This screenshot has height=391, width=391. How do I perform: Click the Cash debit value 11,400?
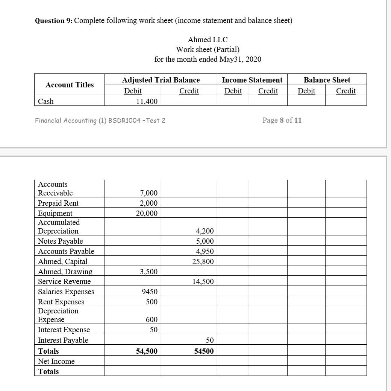[147, 101]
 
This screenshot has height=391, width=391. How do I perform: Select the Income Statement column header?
[252, 80]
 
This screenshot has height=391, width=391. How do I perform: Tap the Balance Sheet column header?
[327, 80]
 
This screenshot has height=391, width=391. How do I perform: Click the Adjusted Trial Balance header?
[161, 80]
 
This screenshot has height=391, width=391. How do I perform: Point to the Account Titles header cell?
[70, 85]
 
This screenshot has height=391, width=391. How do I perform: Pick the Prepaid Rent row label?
[58, 203]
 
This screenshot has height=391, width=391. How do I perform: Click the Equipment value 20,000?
[147, 213]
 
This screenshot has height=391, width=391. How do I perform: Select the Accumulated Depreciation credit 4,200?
[205, 231]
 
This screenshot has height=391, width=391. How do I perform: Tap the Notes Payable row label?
[60, 241]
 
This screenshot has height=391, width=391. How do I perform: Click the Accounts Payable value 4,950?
[205, 251]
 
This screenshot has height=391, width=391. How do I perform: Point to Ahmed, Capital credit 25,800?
[203, 261]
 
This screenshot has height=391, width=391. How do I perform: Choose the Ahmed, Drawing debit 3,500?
[149, 272]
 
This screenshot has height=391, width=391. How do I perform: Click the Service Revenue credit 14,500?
[203, 281]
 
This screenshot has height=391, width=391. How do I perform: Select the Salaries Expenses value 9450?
[150, 292]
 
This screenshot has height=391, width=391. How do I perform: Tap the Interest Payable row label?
[63, 340]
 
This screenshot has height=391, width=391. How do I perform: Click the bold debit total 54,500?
[147, 351]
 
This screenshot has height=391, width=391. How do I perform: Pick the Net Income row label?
[56, 361]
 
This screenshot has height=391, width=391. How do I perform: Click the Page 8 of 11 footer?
[282, 120]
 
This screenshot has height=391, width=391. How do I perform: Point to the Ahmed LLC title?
[208, 40]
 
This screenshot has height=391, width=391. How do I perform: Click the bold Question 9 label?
[53, 20]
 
